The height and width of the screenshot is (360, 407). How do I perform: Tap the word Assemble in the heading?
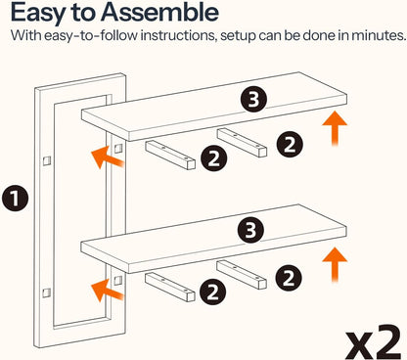159,12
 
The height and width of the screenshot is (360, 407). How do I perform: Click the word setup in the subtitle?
238,35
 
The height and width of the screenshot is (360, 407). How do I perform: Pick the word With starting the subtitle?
25,35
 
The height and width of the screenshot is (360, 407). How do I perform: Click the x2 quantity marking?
374,341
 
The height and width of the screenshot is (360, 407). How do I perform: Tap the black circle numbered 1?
15,199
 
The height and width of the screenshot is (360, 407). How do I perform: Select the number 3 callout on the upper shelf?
253,99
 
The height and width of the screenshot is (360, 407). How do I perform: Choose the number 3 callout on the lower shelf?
250,230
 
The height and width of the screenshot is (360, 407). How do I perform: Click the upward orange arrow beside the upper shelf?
335,128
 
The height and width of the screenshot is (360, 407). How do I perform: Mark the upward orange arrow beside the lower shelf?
335,264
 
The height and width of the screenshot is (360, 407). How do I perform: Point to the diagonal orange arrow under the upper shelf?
108,157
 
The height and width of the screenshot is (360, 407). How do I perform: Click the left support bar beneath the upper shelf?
170,155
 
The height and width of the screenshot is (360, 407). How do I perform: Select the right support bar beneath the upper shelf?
242,143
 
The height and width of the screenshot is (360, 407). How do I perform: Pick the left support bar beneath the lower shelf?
170,287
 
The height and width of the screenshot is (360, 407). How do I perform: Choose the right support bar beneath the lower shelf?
242,275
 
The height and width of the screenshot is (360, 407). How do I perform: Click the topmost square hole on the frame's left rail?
47,160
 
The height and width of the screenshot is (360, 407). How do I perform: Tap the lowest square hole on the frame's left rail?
47,292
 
